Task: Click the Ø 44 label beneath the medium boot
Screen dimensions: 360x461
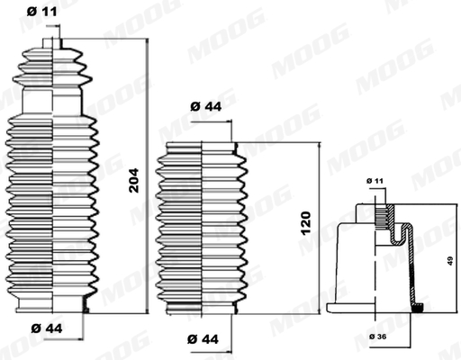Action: click(x=204, y=338)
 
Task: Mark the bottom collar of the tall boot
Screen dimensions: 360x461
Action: click(x=52, y=307)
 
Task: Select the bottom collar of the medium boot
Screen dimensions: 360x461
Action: click(x=200, y=311)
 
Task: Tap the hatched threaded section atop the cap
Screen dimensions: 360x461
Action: click(x=382, y=216)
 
